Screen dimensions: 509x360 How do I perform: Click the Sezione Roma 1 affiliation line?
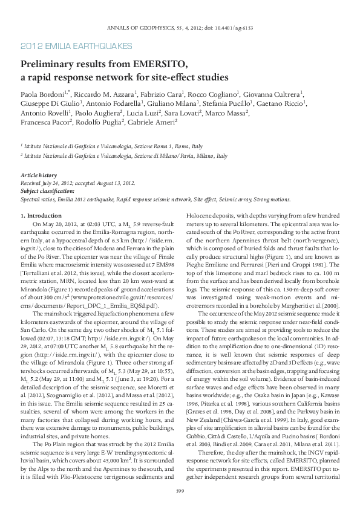(113, 146)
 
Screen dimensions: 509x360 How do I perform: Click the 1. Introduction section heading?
(41, 216)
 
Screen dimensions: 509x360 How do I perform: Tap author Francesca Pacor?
(45, 122)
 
